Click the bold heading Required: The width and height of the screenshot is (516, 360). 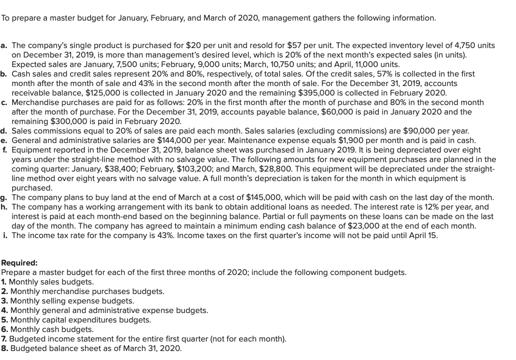point(20,263)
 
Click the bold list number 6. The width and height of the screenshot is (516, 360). point(4,329)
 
